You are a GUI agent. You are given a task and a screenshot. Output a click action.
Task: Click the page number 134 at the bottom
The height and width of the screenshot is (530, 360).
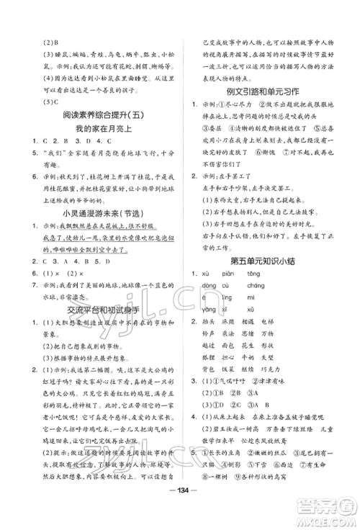click(179, 502)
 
